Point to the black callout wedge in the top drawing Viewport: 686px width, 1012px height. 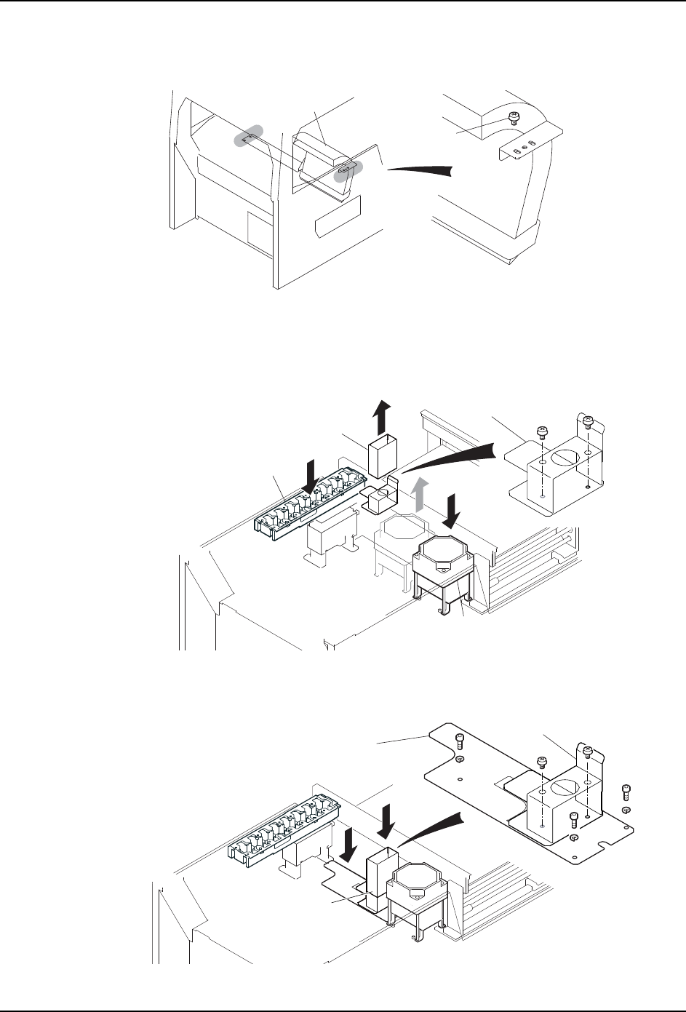tap(423, 169)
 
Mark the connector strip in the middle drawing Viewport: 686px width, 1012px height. tap(297, 506)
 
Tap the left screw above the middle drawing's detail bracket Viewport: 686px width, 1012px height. tap(541, 432)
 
